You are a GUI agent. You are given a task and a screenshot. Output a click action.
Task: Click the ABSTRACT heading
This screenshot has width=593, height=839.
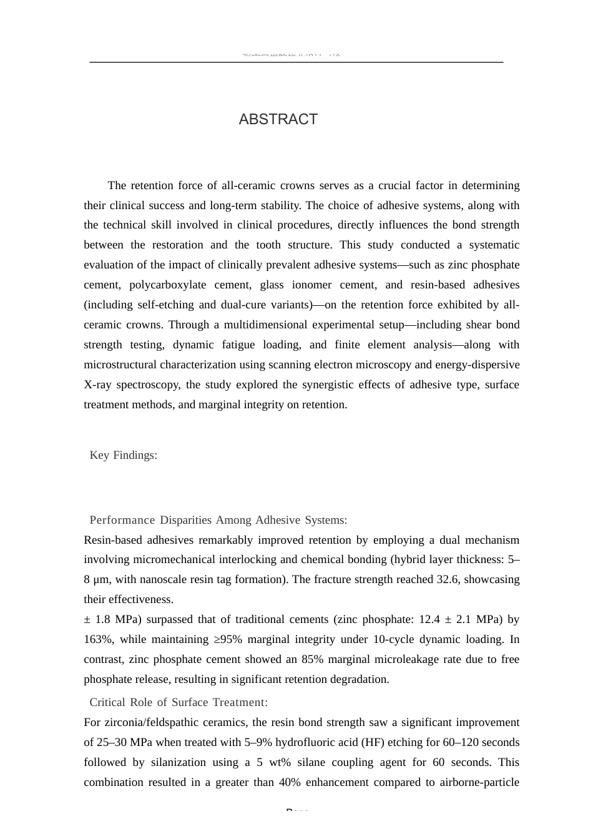[278, 119]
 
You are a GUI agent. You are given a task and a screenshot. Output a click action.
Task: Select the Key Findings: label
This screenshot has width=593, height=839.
[123, 455]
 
